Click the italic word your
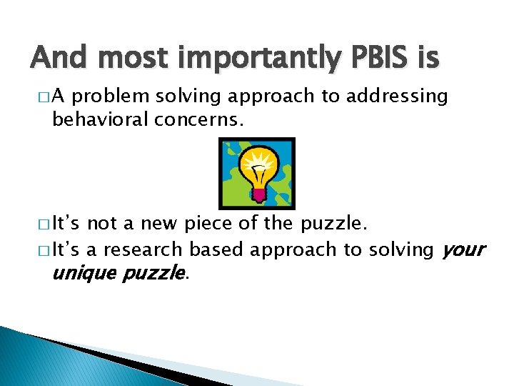point(463,251)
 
